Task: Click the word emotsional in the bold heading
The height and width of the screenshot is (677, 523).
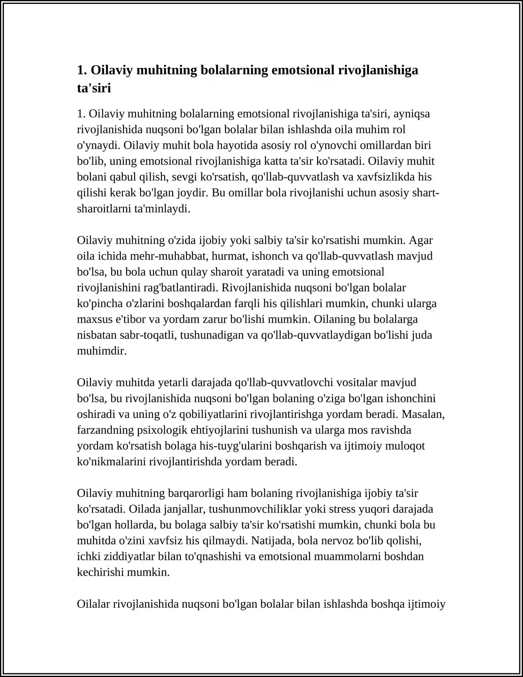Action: [303, 70]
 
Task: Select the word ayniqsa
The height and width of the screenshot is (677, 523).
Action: [412, 114]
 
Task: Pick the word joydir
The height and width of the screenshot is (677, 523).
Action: [192, 193]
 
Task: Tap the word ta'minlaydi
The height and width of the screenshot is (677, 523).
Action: [162, 209]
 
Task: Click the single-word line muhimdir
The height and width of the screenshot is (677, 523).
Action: [102, 351]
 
